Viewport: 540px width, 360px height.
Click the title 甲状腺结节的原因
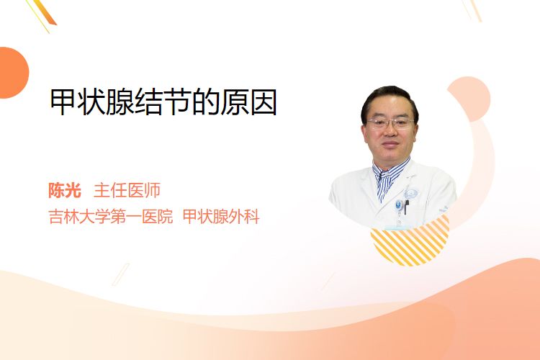(x=163, y=102)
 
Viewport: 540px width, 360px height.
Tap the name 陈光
(x=65, y=191)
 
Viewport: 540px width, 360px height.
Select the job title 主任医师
(x=127, y=191)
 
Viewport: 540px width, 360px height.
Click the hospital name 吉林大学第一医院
(x=111, y=217)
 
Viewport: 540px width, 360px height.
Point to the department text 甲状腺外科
(x=221, y=217)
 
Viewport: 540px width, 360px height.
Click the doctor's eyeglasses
(x=390, y=123)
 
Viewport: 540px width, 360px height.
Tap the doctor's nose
(x=390, y=132)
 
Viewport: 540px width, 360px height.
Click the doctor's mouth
(x=390, y=144)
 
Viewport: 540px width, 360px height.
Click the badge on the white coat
(x=399, y=206)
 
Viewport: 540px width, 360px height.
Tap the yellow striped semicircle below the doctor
(x=410, y=242)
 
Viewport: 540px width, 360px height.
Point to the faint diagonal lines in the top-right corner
(x=472, y=10)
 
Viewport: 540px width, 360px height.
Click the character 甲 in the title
(x=63, y=102)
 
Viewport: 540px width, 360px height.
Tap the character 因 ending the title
(x=264, y=102)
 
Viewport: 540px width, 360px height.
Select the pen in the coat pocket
(x=407, y=207)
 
